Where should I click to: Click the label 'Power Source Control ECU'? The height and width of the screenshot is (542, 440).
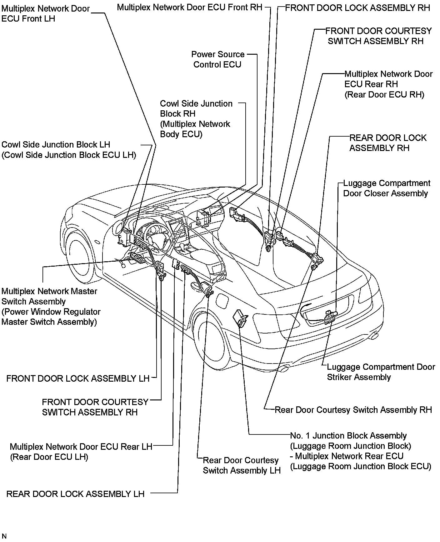(x=217, y=59)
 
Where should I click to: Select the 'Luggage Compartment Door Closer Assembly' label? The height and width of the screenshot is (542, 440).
(x=386, y=188)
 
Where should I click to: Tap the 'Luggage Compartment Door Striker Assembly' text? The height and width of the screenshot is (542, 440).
(x=381, y=372)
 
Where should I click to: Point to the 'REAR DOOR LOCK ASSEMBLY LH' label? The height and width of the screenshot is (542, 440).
(x=75, y=494)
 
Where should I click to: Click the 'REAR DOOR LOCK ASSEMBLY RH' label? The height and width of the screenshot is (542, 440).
(x=387, y=143)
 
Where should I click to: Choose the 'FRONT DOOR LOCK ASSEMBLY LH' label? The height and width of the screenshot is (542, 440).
(x=78, y=379)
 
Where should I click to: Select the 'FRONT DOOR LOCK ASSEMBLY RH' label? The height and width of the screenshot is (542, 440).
(x=357, y=8)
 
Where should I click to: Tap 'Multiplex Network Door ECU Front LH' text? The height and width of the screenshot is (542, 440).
(x=45, y=13)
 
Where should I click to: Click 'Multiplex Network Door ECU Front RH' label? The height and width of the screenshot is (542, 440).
(x=189, y=7)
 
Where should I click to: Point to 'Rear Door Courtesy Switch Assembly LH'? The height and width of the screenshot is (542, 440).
(x=242, y=465)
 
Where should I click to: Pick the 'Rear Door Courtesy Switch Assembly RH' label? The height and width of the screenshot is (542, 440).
(x=353, y=410)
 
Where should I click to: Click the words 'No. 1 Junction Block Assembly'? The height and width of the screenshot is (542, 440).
(x=348, y=436)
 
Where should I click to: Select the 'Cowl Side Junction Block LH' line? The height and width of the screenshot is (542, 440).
(x=56, y=145)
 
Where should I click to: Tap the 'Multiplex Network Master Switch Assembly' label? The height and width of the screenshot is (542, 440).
(x=49, y=296)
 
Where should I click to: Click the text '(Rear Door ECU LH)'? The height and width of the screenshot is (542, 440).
(x=49, y=457)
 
